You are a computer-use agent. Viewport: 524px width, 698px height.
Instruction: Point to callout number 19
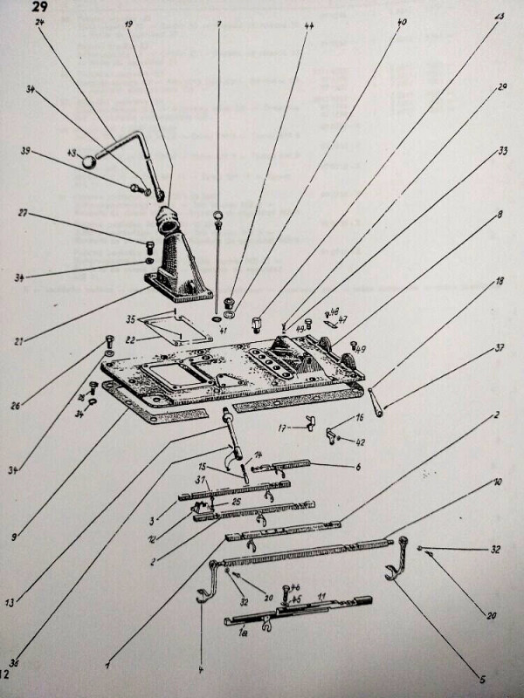(x=128, y=24)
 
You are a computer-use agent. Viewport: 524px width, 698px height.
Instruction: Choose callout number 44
(x=309, y=26)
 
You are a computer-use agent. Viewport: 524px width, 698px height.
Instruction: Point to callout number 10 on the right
(x=495, y=482)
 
